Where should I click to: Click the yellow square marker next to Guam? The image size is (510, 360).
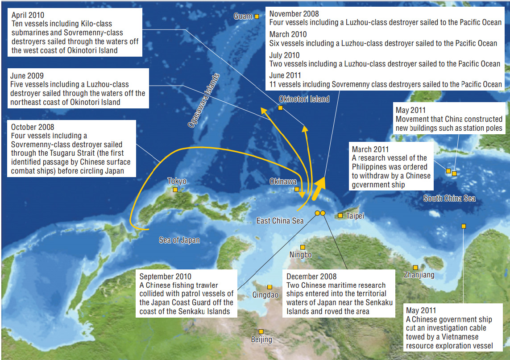coord(257,17)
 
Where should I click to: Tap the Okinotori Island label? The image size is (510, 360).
coord(304,99)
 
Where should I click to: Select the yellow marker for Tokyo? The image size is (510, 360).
coord(175,190)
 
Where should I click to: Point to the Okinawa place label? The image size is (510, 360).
coord(283,182)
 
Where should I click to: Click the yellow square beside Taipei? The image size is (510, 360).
coord(340,216)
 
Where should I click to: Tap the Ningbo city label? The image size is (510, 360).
coord(300,255)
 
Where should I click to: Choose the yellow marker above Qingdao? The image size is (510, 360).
coord(270,287)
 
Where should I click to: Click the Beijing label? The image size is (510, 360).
coord(261,339)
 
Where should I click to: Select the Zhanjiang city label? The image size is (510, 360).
coord(419,275)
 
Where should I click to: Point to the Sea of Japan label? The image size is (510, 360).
coord(179,240)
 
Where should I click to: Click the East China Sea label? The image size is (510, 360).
coord(280,220)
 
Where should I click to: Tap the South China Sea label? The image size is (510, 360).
coord(449,199)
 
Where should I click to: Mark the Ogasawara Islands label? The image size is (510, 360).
coord(204,101)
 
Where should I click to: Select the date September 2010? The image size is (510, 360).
coord(165,277)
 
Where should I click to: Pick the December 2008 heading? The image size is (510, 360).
coord(311,277)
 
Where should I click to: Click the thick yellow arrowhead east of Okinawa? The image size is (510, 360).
coord(320,184)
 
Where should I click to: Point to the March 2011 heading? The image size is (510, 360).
coord(370,149)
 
